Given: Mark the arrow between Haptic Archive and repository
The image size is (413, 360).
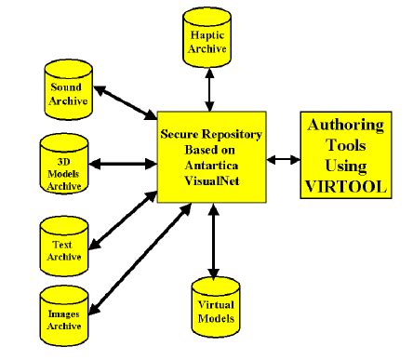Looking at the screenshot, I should click(x=210, y=88).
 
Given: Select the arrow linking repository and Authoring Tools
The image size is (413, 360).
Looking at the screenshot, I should click(x=281, y=158).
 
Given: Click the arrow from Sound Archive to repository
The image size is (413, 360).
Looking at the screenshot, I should click(x=125, y=103).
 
